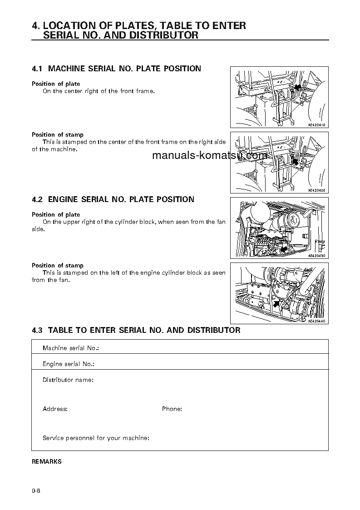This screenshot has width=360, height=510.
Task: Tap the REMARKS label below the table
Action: click(46, 461)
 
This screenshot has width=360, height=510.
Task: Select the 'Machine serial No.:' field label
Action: click(70, 348)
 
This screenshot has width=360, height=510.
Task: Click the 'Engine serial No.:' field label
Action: click(68, 364)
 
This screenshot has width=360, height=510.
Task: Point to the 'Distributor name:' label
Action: click(68, 380)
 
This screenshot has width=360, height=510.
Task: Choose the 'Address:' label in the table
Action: click(55, 409)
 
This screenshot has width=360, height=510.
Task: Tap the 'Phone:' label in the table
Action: click(172, 409)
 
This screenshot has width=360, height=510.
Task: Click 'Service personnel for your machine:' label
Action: click(96, 438)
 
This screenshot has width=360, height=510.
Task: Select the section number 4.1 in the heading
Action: click(37, 69)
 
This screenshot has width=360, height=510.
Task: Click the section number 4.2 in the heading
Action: click(37, 199)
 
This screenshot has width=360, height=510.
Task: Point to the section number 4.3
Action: click(37, 330)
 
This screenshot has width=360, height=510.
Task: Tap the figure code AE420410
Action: click(317, 125)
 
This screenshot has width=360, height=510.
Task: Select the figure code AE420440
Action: click(317, 321)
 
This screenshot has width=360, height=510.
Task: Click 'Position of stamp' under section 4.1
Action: click(57, 134)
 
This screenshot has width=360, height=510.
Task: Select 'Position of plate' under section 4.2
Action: click(55, 214)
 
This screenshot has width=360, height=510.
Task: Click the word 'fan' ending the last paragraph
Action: click(63, 280)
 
